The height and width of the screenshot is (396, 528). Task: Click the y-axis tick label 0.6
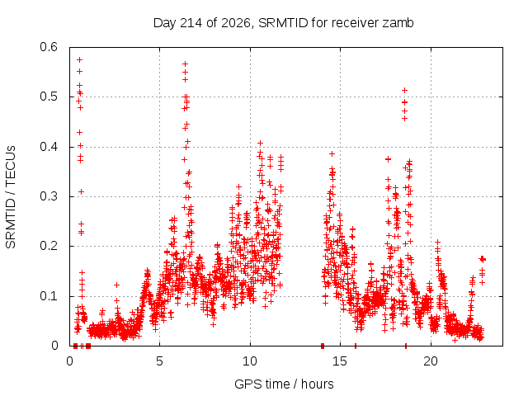[x=49, y=47]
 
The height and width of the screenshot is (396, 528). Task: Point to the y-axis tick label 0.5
[x=49, y=97]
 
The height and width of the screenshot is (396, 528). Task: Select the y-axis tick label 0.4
[x=49, y=147]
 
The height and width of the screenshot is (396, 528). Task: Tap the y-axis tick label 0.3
[x=49, y=196]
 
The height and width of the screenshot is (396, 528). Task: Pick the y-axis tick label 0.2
[x=49, y=246]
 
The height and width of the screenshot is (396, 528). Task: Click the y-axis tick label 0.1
[x=49, y=296]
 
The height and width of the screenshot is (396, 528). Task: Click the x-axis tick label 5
[x=159, y=361]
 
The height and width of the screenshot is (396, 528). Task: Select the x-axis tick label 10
[x=250, y=361]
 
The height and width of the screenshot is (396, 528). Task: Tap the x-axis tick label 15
[x=340, y=361]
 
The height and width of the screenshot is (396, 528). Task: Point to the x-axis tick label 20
[x=431, y=361]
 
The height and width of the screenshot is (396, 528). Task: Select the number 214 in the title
[x=191, y=23]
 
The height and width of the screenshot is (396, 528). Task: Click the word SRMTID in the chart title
[x=283, y=23]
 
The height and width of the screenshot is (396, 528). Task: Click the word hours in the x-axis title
[x=317, y=384]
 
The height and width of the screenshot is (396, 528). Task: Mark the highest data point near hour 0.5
[x=80, y=60]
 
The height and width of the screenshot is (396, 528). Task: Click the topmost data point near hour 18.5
[x=405, y=90]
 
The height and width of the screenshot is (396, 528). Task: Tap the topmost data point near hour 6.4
[x=185, y=64]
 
